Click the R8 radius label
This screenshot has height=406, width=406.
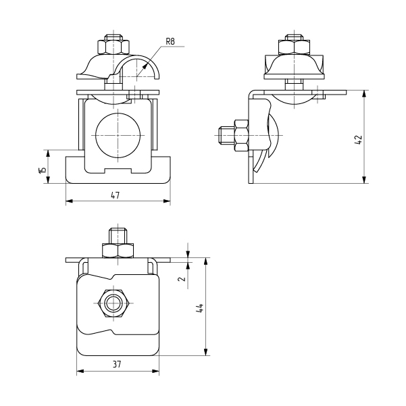pos(170,41)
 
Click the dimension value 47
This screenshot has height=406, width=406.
pos(116,195)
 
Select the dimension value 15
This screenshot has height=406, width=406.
pos(43,170)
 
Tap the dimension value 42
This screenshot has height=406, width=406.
pos(358,140)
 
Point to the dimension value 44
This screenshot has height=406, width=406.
pos(200,308)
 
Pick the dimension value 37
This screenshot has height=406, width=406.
pos(117,364)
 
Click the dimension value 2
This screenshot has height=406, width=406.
pos(182,278)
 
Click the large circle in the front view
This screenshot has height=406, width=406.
pos(118,135)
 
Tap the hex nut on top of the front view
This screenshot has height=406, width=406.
pos(113,47)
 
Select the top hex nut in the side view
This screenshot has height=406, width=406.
pos(294,47)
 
